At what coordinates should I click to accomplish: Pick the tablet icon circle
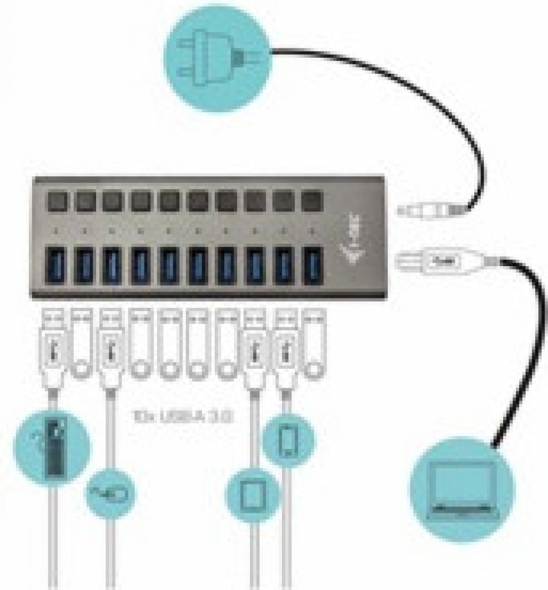tap(253, 490)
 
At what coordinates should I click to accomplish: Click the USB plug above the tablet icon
tap(255, 353)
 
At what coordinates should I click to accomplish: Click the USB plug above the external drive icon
tap(52, 353)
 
